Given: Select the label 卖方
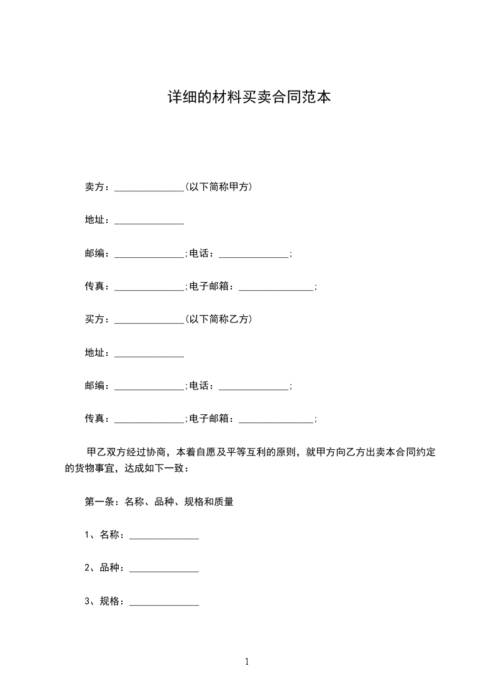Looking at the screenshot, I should pos(94,187).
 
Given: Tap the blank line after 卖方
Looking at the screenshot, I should pos(149,188).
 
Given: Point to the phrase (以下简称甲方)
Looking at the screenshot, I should pos(218,187).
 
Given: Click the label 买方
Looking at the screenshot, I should pos(94,319).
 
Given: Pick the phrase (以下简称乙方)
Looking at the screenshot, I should pos(218,319).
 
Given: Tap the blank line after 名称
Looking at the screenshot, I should pos(164,536).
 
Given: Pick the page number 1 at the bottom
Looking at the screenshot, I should pos(247,662).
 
